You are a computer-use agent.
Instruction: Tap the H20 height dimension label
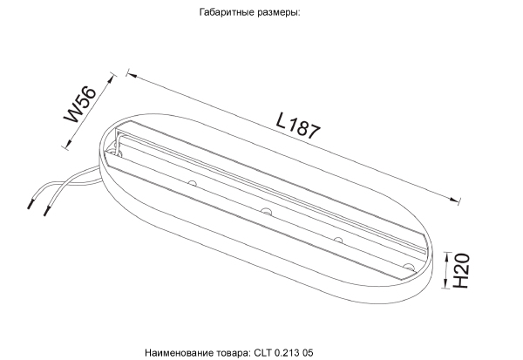coord(463,271)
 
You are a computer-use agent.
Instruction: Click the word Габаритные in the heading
coord(228,15)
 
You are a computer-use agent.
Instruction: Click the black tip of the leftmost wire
coord(32,206)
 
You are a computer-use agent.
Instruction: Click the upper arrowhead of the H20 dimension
coord(445,255)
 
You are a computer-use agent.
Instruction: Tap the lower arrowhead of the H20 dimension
coord(445,286)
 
